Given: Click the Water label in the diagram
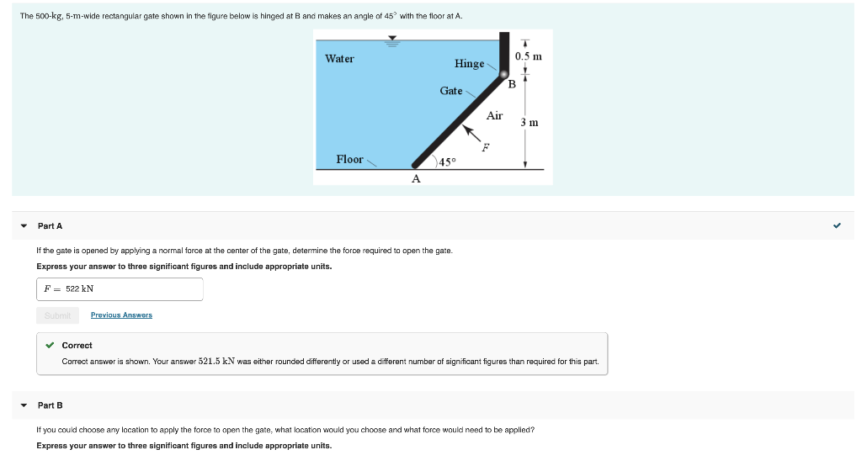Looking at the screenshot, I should point(339,59).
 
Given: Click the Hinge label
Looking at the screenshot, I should point(469,64).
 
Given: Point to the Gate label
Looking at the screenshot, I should point(450,91).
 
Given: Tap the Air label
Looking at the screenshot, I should point(494,116).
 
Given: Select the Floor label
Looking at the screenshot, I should point(349,159).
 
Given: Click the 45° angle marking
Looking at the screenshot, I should point(446,161).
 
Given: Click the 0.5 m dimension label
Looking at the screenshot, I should point(528,56).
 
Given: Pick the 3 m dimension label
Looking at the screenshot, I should point(529,123).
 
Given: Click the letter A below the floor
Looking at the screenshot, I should point(415,178).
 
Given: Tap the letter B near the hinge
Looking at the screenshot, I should point(511,83).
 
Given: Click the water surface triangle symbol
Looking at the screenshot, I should point(391,38).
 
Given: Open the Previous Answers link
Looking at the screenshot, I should point(121,315).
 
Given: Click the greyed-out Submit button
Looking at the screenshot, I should point(57,315).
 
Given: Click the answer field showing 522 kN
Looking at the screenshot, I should point(120,289).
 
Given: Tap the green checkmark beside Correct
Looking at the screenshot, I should point(51,345).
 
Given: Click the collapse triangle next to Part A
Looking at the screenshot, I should point(24,226).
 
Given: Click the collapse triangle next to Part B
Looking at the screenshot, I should point(24,405).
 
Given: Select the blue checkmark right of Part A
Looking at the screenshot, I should point(836,225).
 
